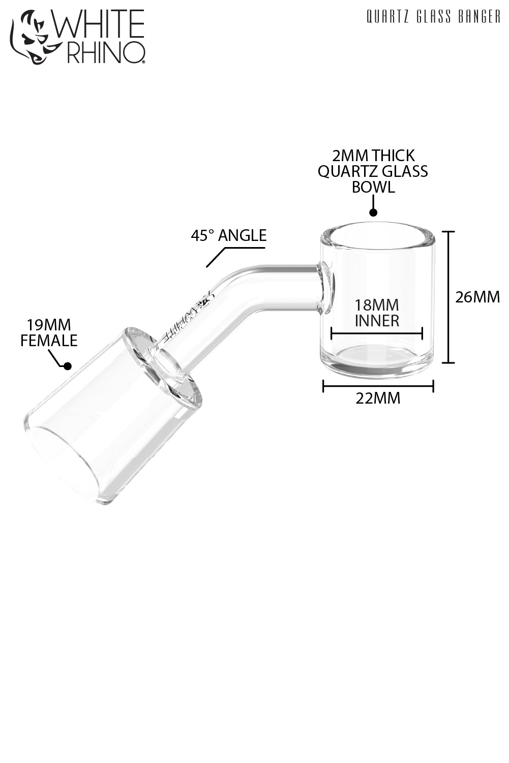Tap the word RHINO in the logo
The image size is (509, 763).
click(x=104, y=52)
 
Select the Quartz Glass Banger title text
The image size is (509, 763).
click(x=433, y=17)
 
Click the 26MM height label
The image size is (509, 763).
click(x=477, y=296)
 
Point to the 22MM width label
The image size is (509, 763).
click(x=378, y=398)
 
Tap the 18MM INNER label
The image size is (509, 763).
click(x=377, y=313)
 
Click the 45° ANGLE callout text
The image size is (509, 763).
click(x=228, y=235)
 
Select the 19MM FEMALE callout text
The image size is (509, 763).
click(x=49, y=332)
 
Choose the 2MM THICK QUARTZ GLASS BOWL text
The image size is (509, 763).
click(x=373, y=171)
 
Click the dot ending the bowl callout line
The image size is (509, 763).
click(x=373, y=213)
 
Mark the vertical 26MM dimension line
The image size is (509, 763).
click(x=447, y=297)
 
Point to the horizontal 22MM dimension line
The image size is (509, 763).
click(x=378, y=386)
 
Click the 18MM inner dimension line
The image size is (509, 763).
click(x=376, y=333)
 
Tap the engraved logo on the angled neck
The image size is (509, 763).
click(x=186, y=319)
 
